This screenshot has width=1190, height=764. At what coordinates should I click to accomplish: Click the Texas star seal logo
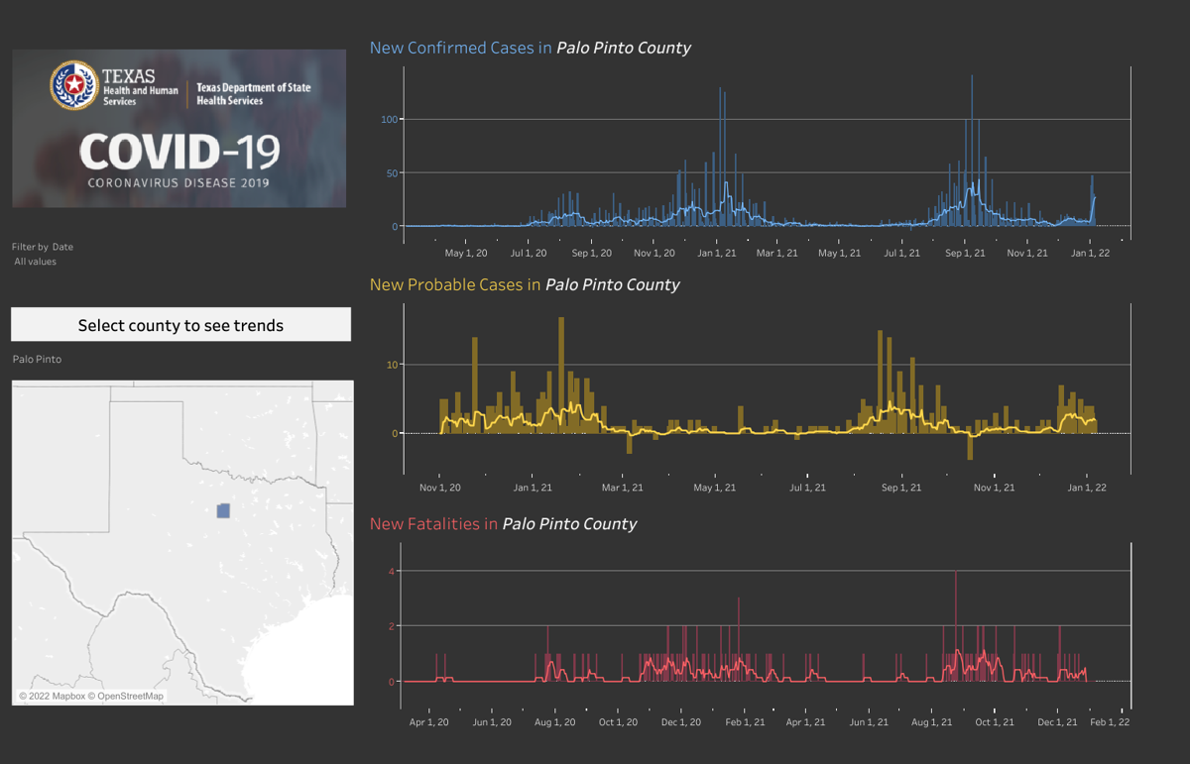[x=74, y=85]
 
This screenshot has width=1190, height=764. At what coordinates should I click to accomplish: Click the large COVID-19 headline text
[x=179, y=153]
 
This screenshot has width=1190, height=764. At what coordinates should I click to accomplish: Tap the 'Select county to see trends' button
[x=180, y=325]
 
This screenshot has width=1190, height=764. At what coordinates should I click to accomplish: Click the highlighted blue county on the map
[x=223, y=510]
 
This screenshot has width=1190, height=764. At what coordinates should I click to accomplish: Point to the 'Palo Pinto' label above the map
[x=37, y=359]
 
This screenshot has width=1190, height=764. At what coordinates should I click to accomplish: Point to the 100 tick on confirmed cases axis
[x=389, y=120]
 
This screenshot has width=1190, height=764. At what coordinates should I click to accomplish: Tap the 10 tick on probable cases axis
[x=392, y=365]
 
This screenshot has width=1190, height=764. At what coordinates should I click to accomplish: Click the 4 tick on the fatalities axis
[x=393, y=571]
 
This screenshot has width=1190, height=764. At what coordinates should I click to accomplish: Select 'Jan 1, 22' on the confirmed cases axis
[x=1089, y=253]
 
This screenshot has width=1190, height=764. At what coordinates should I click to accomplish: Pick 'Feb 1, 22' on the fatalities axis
[x=1110, y=722]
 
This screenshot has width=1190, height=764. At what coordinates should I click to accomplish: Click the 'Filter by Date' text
[x=43, y=247]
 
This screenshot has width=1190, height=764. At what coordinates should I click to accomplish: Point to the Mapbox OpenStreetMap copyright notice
[x=91, y=696]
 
